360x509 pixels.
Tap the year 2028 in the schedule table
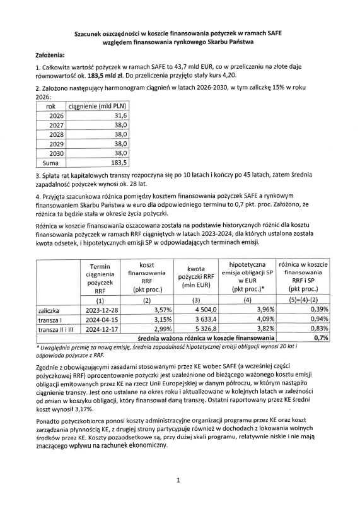(57, 135)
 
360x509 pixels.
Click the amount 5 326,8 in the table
(202, 329)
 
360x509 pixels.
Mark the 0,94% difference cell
(318, 319)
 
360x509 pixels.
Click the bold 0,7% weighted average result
(321, 337)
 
